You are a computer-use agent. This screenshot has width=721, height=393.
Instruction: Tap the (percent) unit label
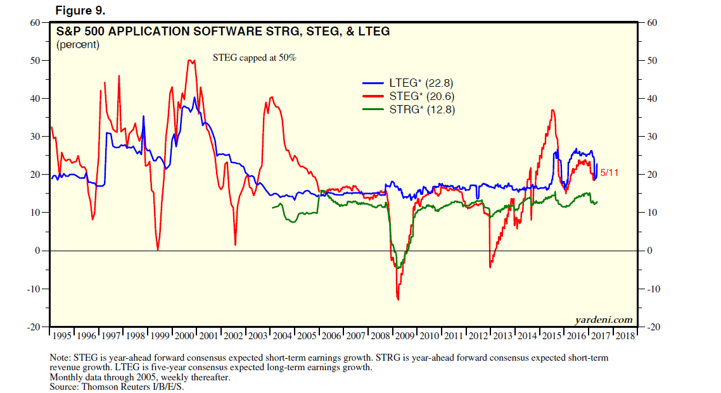(x=77, y=44)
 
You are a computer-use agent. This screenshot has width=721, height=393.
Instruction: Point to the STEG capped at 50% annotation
(x=254, y=58)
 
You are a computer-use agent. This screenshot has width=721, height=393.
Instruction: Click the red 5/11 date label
(x=609, y=172)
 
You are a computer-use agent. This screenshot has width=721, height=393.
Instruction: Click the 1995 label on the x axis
(x=62, y=335)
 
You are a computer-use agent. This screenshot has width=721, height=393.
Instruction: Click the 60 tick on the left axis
(x=35, y=23)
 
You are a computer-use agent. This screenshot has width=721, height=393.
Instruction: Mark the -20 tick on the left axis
(x=33, y=327)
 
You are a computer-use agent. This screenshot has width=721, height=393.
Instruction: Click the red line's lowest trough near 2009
(x=398, y=299)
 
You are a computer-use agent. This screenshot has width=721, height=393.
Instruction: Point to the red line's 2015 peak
(x=553, y=111)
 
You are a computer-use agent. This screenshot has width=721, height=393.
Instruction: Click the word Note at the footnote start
(x=61, y=358)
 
